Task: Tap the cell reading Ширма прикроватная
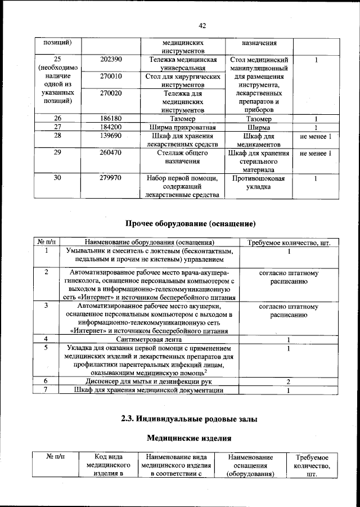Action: tap(183, 127)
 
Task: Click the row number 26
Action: tap(57, 119)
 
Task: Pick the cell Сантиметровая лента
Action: tap(149, 339)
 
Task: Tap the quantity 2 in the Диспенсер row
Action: tap(288, 382)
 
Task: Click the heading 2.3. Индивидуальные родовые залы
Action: tap(186, 418)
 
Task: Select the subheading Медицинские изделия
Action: tap(186, 437)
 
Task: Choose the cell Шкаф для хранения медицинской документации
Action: tap(149, 390)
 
